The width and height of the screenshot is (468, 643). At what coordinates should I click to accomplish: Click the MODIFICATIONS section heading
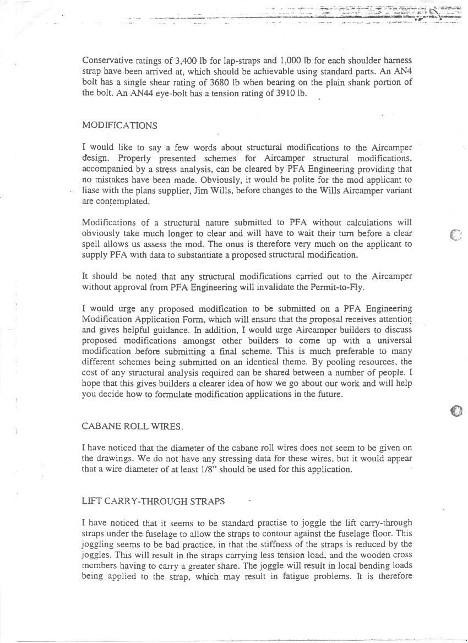tap(119, 126)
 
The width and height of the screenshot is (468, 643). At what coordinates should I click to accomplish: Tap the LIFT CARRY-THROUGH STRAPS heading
tap(153, 501)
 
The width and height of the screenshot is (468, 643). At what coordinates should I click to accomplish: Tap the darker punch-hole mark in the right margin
tap(456, 411)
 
